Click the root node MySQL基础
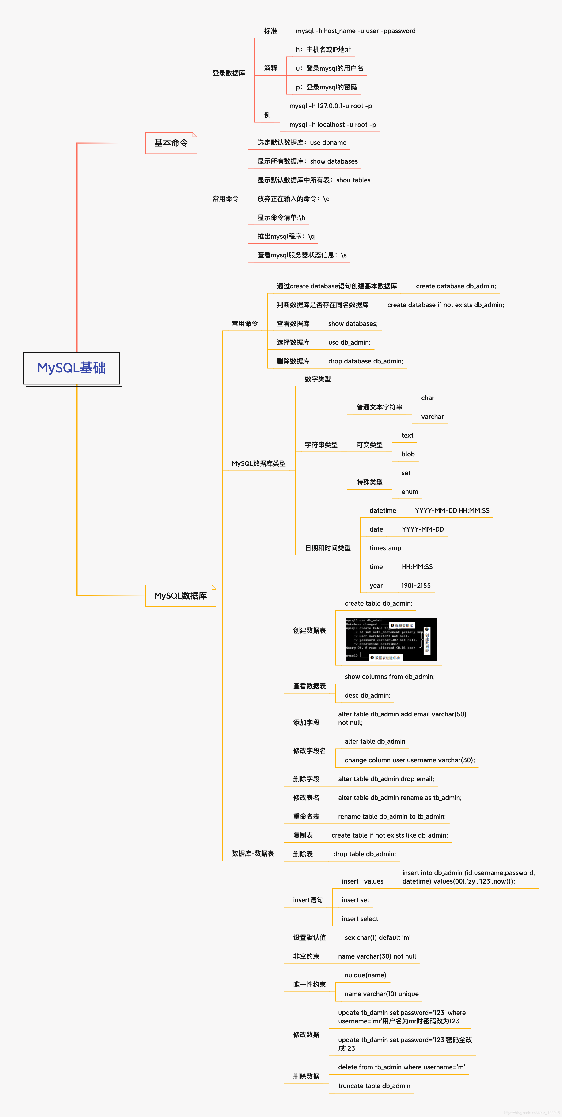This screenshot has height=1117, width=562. click(x=72, y=368)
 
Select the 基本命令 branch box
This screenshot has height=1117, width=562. click(x=171, y=143)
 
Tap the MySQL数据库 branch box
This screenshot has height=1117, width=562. click(x=180, y=596)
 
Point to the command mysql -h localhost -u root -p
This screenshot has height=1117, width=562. click(x=332, y=125)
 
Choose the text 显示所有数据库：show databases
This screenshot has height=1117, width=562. click(x=307, y=161)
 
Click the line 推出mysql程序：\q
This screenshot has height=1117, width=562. click(x=286, y=236)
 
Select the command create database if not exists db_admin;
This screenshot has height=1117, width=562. click(x=445, y=305)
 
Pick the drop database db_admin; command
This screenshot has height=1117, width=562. click(x=365, y=361)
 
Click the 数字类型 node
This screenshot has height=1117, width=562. click(x=318, y=379)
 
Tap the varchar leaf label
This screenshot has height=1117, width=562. click(x=432, y=417)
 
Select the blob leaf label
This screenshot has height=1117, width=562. click(x=408, y=455)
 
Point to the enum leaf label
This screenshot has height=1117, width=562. click(x=410, y=492)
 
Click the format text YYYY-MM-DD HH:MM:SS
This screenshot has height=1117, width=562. click(x=452, y=510)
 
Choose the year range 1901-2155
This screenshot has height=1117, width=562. click(x=416, y=585)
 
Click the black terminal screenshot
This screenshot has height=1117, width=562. click(x=391, y=640)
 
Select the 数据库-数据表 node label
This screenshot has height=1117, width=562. click(x=253, y=853)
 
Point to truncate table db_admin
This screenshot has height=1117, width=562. click(x=374, y=1086)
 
